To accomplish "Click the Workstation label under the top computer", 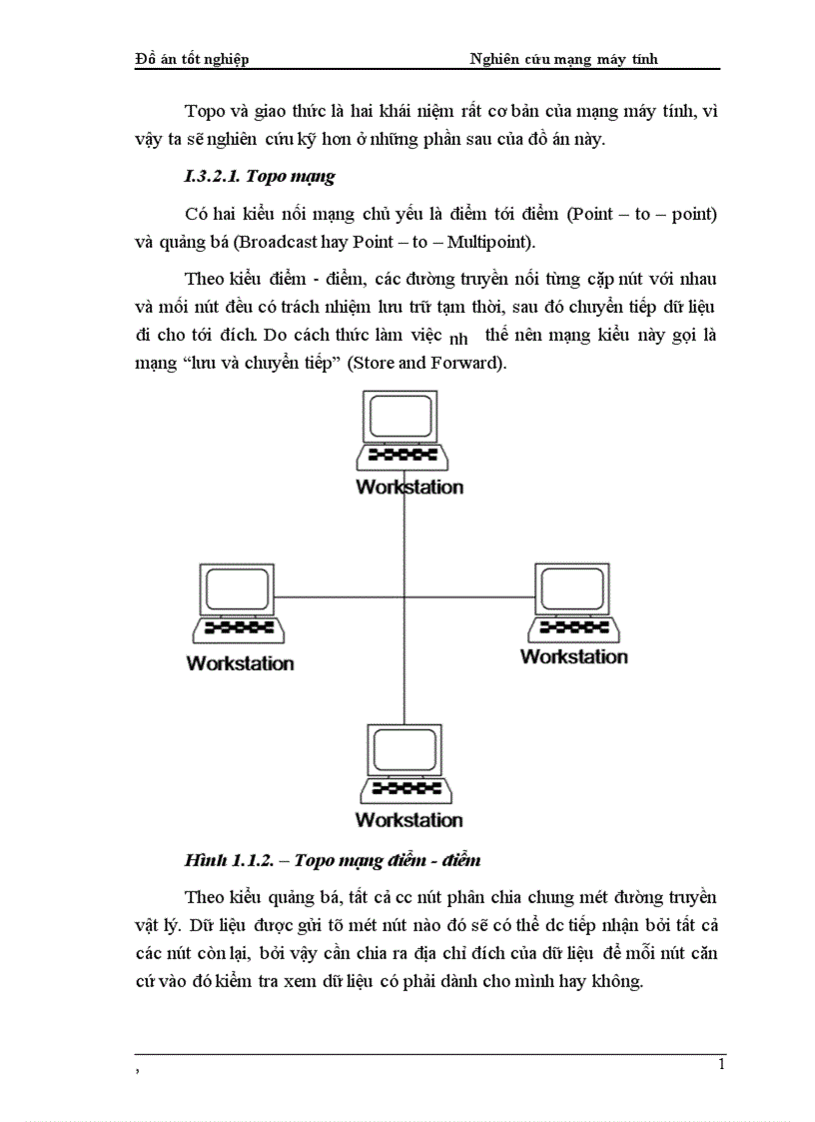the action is [x=409, y=488].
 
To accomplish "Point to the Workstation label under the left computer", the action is [x=241, y=662].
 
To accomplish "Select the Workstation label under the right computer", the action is [x=574, y=656].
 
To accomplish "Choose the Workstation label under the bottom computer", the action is [x=409, y=820].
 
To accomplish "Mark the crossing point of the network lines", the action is [x=405, y=597].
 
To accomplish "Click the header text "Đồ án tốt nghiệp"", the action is [x=192, y=59].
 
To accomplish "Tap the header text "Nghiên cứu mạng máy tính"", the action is [x=563, y=59].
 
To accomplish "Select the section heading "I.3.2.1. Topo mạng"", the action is [x=260, y=177].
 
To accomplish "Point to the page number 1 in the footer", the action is [x=721, y=1065].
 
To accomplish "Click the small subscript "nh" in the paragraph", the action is [x=459, y=339].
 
